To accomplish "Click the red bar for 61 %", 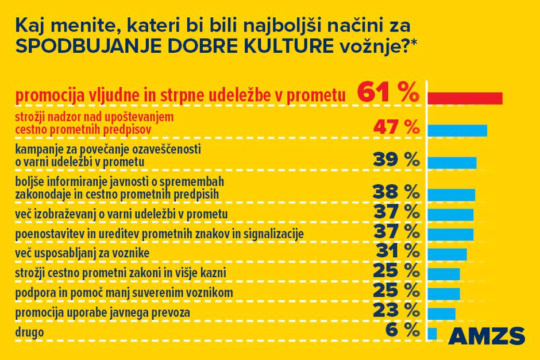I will [465, 98].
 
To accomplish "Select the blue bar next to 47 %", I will [457, 130].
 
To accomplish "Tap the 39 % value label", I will [396, 160].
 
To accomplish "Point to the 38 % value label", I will [396, 191].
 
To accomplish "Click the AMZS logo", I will [485, 335].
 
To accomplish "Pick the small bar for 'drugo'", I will [433, 333].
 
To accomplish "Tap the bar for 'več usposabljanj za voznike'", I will [448, 254].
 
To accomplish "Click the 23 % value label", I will [396, 311].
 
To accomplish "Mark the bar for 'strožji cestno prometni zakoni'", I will [444, 273].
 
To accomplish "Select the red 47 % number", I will [396, 127].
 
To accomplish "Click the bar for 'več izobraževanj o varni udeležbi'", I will [451, 215].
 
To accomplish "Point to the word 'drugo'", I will [29, 332].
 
